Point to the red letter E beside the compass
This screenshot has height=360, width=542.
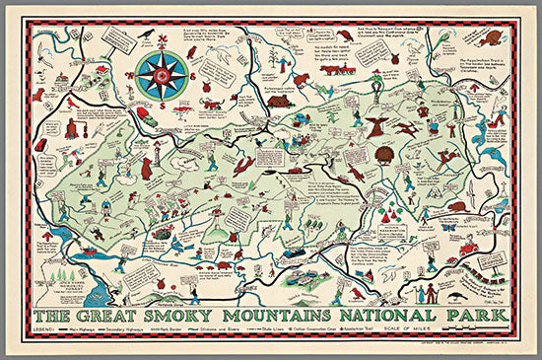point(187,73)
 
